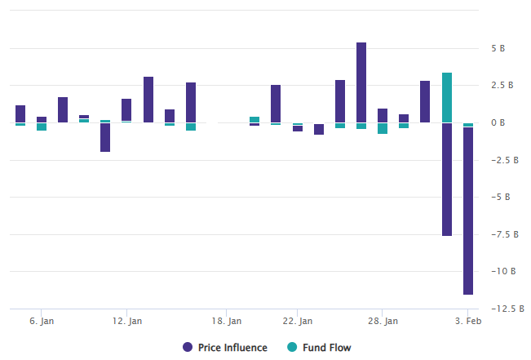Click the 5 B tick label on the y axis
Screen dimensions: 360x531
498,48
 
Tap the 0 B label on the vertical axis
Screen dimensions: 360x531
498,122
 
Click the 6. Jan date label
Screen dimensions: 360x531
42,322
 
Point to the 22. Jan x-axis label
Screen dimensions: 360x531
297,322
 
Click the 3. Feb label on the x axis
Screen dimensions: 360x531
468,322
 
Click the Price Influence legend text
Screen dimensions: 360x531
232,348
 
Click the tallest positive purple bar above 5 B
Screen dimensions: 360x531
361,82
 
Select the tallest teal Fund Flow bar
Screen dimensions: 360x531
447,97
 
